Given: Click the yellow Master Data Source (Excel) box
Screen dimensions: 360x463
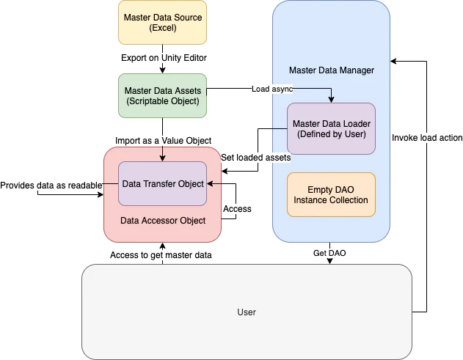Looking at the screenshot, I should (162, 23).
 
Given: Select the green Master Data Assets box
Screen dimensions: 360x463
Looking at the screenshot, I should (162, 95).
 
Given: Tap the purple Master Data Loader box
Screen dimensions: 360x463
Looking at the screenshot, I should (331, 128).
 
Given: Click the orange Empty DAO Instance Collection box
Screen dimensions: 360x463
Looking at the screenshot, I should (331, 194).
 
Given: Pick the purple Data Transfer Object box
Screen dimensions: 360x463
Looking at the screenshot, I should (162, 183).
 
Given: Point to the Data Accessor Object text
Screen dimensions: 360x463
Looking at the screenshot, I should (162, 220).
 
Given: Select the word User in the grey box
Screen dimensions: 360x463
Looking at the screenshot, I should (247, 312).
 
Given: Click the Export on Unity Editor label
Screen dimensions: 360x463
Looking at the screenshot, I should (162, 57).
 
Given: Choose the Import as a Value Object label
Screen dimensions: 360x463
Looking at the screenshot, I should (163, 140).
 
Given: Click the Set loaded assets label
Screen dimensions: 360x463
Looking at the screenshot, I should (256, 157).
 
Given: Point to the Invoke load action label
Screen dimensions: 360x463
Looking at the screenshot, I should (427, 137).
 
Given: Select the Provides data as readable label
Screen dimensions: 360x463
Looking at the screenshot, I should (51, 185).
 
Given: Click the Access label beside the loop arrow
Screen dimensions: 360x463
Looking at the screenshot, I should (237, 209).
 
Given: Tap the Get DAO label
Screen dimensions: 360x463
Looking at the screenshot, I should (330, 252).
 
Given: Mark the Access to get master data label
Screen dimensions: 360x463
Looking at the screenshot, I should (161, 254).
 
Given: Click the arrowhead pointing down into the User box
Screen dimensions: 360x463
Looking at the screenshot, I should (330, 261).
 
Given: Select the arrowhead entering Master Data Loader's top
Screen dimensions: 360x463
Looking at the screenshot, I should (332, 99).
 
